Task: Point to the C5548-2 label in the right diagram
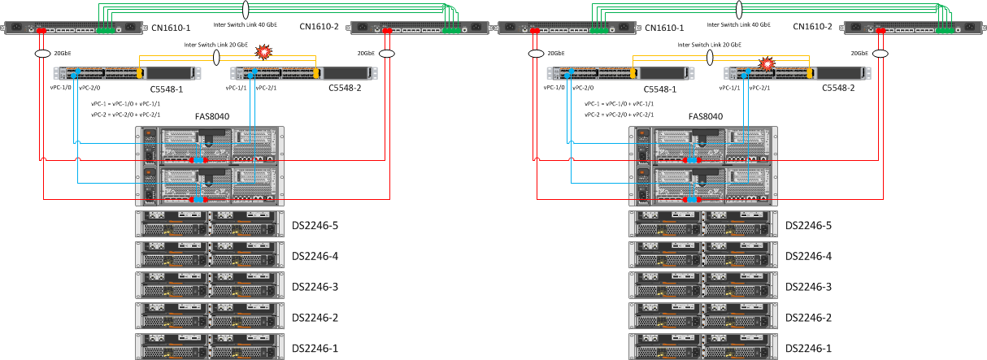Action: point(839,88)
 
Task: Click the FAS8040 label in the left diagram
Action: point(211,116)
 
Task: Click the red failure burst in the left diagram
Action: point(263,53)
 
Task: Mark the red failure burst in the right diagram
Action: point(765,63)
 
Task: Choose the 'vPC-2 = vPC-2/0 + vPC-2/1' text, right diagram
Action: point(619,115)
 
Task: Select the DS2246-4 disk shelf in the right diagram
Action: point(703,256)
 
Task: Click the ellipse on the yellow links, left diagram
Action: point(216,58)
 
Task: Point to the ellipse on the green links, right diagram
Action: point(740,10)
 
